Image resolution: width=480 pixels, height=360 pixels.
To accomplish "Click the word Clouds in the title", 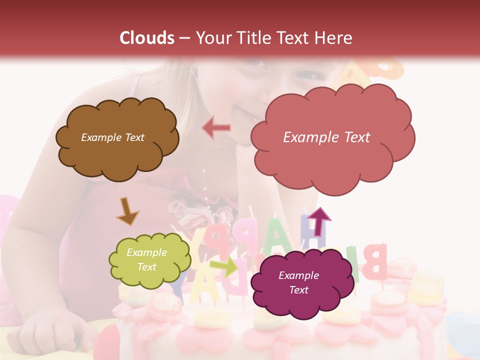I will [147, 38].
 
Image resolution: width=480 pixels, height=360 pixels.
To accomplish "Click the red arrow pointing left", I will [216, 128].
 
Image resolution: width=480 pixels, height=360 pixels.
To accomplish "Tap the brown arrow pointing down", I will [127, 210].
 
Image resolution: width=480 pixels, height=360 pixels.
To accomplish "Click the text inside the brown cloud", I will [112, 137].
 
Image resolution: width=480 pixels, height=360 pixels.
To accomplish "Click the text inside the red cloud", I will [326, 137].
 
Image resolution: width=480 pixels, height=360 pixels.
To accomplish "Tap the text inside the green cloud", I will [147, 259].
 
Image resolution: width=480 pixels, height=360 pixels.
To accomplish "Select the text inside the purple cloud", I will [298, 282].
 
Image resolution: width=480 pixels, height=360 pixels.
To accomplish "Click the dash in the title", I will [184, 38].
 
